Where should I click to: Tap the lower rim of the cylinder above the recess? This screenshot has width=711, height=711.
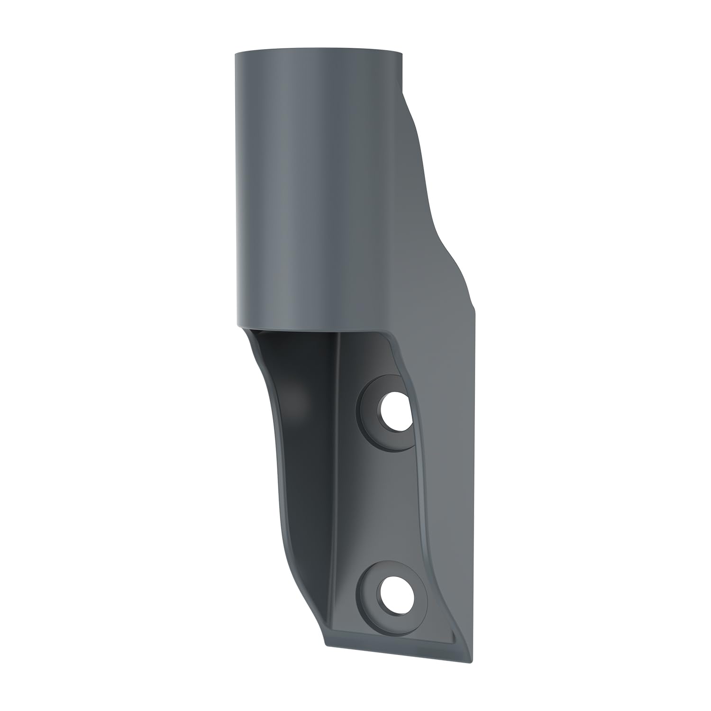tap(313, 328)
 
